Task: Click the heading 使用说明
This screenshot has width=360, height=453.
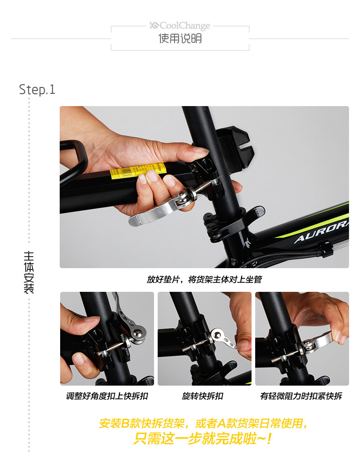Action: (x=180, y=39)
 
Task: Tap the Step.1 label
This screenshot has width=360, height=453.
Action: (x=37, y=89)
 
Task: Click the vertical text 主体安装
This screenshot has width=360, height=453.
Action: (x=29, y=272)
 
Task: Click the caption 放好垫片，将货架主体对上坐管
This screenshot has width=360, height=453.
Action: (x=204, y=280)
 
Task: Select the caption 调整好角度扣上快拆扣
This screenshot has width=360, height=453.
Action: (x=107, y=396)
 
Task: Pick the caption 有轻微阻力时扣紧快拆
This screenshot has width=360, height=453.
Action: (x=301, y=396)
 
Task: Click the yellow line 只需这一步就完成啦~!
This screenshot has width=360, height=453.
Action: (x=203, y=439)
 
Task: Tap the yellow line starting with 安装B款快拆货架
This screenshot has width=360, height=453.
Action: (x=203, y=423)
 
